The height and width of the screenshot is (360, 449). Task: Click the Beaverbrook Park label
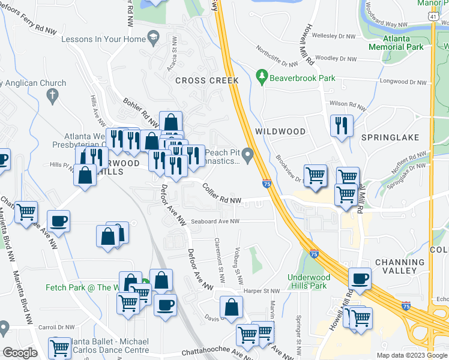point(302,77)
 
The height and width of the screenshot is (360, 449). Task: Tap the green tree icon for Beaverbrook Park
point(262,77)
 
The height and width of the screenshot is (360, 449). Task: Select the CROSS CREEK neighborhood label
point(207,80)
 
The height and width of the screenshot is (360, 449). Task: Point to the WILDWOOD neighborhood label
point(280,131)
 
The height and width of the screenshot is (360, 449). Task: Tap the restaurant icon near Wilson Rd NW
point(342,125)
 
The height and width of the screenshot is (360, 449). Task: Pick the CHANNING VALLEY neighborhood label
point(399,266)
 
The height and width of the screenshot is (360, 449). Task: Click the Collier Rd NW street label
point(221,196)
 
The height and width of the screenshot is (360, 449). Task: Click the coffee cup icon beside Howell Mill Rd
point(360,278)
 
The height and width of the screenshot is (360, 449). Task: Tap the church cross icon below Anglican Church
point(52,95)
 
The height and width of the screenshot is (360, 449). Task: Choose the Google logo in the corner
point(20,352)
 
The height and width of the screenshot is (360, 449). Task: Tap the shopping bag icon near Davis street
point(231,307)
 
